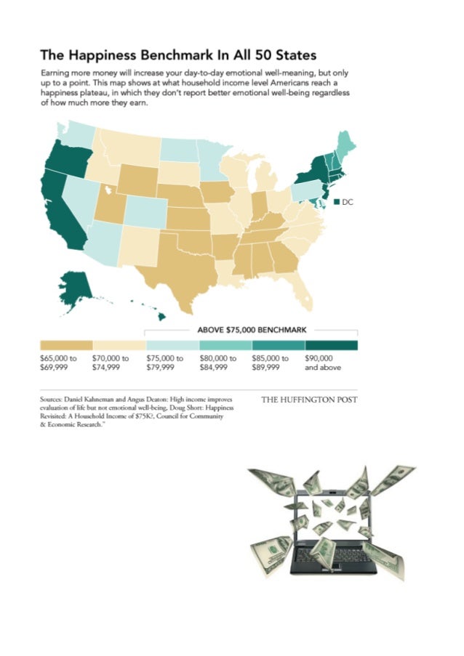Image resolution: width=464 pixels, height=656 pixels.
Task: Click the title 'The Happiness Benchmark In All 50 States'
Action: [178, 54]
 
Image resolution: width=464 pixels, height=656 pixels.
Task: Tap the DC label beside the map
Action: [347, 203]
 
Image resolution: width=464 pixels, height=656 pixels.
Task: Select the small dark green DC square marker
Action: [337, 203]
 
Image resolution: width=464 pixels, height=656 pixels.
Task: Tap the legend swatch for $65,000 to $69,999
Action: [66, 345]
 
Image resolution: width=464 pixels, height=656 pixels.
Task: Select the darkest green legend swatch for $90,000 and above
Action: [332, 345]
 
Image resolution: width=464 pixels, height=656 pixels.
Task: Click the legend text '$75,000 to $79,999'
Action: [165, 363]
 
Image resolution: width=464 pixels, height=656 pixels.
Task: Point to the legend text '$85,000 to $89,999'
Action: [271, 363]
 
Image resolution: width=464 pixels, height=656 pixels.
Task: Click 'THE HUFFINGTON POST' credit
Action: [309, 400]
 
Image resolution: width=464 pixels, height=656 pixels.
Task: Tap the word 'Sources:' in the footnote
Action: [53, 400]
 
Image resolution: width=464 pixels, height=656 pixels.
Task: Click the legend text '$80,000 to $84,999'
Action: [218, 363]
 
